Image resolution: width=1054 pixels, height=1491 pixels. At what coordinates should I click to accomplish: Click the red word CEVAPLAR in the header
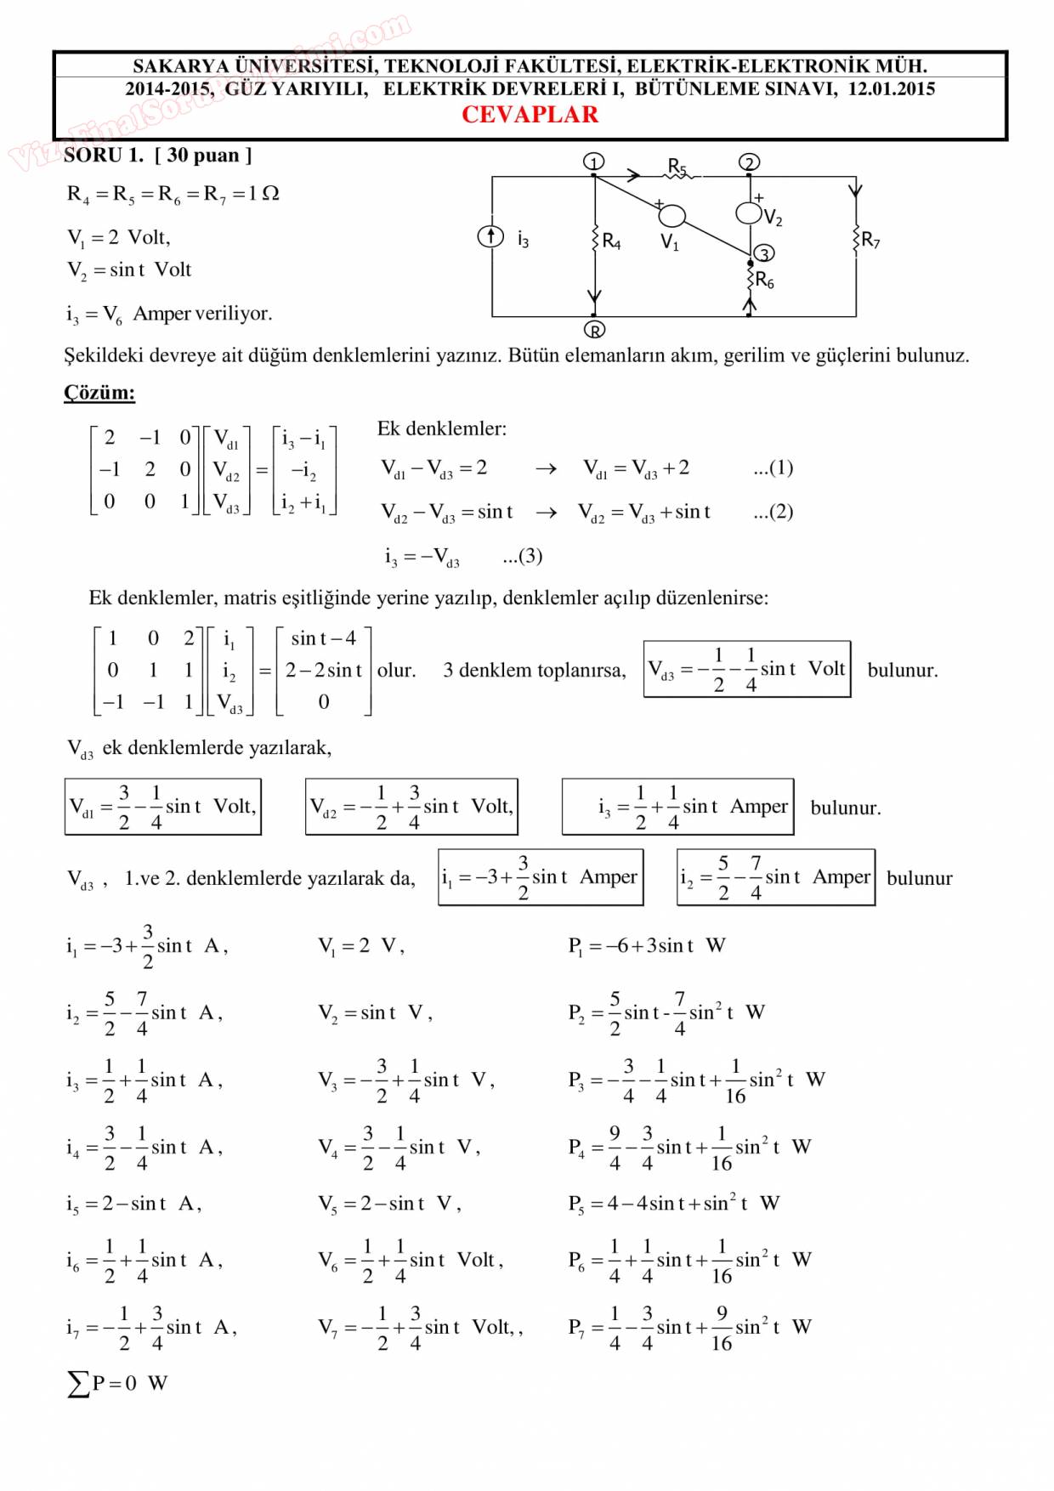[530, 115]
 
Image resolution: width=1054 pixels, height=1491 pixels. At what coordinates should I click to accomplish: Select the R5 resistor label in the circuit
[677, 166]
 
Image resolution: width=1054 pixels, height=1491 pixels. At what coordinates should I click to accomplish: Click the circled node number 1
[594, 162]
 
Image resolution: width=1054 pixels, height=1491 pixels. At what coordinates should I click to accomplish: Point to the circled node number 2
[749, 162]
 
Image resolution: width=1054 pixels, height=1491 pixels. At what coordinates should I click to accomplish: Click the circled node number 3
[764, 253]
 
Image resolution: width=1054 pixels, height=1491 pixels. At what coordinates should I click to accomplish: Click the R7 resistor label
[870, 240]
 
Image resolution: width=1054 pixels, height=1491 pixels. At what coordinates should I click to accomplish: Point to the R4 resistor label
[611, 241]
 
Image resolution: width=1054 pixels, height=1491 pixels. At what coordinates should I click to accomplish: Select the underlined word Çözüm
[99, 393]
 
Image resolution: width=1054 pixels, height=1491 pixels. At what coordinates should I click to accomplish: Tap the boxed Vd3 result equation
[746, 669]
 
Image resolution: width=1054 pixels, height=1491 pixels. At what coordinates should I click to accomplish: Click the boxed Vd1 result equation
[162, 806]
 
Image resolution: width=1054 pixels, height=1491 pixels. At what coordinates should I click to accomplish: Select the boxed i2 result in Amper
[775, 876]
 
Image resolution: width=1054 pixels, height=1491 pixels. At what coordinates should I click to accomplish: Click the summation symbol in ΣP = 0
[77, 1384]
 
